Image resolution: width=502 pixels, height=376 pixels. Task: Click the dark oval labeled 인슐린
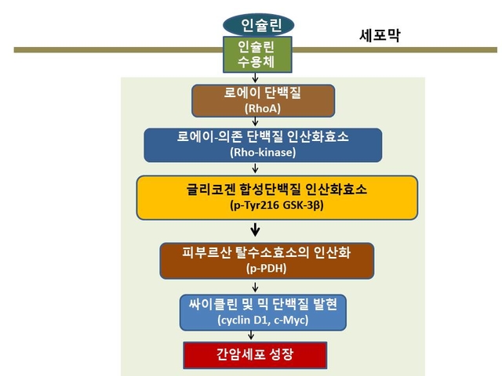point(258,25)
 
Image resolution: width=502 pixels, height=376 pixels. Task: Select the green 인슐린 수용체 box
point(257,54)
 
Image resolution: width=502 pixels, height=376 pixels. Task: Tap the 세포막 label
point(380,35)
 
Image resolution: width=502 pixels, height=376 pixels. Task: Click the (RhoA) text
point(263,108)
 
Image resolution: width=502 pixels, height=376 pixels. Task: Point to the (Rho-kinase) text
point(263,152)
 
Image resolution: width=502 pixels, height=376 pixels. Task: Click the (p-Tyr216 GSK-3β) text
point(277,204)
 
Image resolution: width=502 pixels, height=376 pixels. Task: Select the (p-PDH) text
point(267,268)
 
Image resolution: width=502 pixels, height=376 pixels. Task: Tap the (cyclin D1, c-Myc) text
point(263,320)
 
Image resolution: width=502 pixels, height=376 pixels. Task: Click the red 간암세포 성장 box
point(255,355)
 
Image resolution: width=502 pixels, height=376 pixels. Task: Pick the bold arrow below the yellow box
point(255,230)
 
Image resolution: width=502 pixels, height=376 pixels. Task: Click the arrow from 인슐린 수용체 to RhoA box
point(255,78)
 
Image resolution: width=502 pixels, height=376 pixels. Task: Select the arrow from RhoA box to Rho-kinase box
point(255,121)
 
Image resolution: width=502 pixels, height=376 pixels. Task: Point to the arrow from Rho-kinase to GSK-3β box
point(255,168)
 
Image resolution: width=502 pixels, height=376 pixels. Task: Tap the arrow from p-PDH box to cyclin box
point(255,287)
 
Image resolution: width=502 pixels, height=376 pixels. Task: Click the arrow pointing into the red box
point(251,335)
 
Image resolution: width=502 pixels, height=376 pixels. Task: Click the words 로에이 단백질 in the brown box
point(263,92)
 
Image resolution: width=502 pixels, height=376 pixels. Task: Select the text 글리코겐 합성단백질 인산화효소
point(277,190)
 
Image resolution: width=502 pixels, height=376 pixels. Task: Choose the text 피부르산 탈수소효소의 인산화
point(267,252)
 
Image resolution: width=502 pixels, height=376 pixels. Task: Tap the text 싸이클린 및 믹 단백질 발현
point(263,305)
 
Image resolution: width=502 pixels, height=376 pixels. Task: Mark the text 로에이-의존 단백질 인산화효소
point(263,137)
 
